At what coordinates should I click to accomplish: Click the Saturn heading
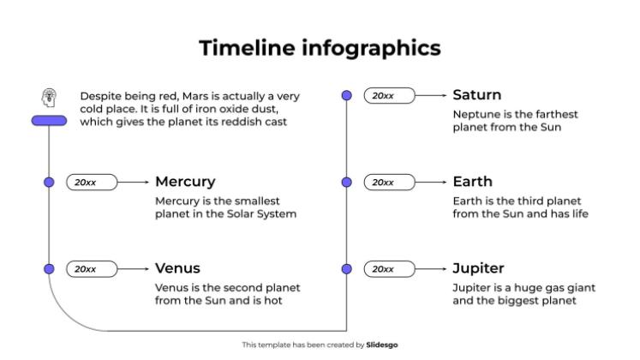tap(476, 95)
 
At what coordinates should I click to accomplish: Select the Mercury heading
tap(185, 182)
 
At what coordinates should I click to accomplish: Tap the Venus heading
tap(177, 268)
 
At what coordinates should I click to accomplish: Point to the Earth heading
tap(472, 182)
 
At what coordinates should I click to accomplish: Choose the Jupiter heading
tap(478, 268)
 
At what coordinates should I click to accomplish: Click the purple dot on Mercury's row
tap(49, 182)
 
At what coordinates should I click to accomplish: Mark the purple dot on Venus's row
tap(49, 268)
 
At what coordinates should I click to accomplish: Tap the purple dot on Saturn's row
tap(347, 95)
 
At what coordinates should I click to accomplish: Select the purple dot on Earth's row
tap(347, 182)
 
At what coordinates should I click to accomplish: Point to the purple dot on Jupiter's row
tap(347, 268)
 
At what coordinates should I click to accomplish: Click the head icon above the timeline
tap(49, 98)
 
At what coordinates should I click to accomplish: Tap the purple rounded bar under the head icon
tap(49, 121)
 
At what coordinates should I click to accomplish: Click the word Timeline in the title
tap(246, 47)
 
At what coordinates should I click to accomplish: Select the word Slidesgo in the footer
tap(381, 345)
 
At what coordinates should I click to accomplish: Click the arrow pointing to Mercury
tap(133, 182)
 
